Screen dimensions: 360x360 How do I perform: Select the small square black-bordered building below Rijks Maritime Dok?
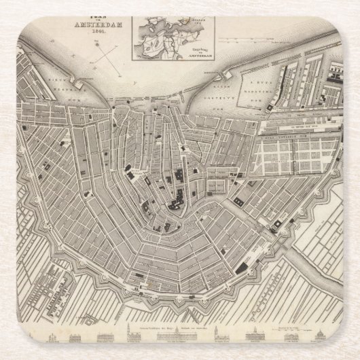[270, 109]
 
